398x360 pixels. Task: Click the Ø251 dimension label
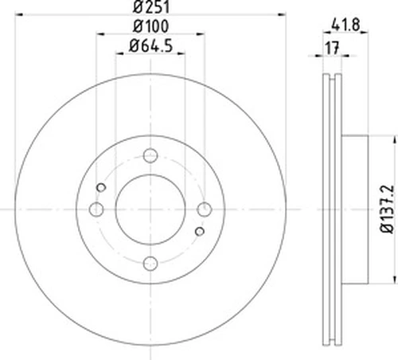click(x=151, y=6)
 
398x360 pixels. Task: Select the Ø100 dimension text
click(x=150, y=26)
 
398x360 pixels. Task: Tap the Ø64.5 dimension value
click(x=150, y=45)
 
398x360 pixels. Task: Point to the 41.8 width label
click(x=345, y=25)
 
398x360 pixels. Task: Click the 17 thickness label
click(x=332, y=48)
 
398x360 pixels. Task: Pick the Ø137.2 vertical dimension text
click(x=387, y=209)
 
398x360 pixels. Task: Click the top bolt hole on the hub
click(x=150, y=155)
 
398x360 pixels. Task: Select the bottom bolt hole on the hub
click(x=150, y=264)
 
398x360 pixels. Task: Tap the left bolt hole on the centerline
click(x=96, y=209)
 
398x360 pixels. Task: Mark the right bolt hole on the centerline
click(x=205, y=209)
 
